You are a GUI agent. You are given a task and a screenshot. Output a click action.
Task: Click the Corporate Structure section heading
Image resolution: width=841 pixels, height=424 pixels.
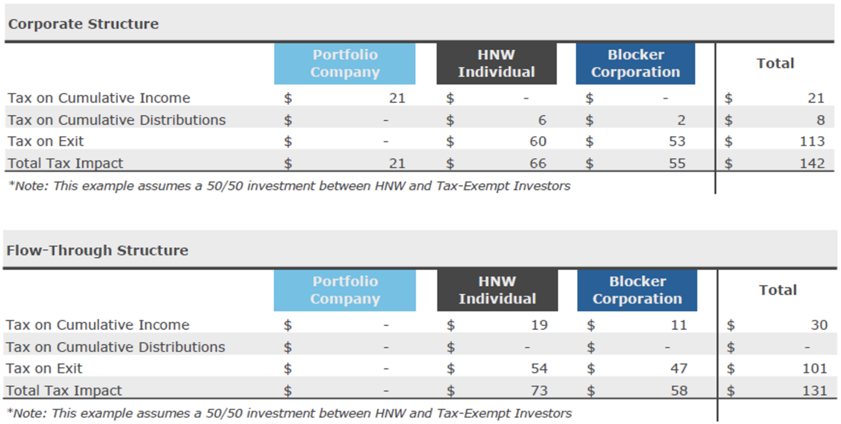tap(83, 24)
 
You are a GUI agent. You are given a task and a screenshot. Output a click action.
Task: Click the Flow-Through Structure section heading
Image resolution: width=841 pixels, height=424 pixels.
tap(97, 251)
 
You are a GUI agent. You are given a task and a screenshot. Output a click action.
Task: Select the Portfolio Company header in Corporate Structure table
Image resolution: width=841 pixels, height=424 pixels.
tap(344, 63)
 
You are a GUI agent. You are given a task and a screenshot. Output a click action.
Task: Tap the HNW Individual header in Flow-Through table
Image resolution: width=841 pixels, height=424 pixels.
tap(497, 290)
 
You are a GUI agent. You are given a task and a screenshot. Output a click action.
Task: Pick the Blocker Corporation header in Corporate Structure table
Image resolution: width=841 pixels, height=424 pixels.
tap(635, 63)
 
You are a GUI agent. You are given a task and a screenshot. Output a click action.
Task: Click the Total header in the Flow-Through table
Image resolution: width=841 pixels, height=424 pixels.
tap(777, 290)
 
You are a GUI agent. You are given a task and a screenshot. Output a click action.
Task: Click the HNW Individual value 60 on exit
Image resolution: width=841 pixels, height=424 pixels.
tap(538, 141)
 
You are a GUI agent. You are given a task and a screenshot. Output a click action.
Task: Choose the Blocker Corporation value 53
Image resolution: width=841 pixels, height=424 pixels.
tap(677, 141)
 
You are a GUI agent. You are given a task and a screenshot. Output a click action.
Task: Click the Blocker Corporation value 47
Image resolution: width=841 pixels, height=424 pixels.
tap(678, 368)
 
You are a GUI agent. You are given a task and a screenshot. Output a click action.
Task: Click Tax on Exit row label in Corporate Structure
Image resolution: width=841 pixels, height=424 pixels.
tap(46, 141)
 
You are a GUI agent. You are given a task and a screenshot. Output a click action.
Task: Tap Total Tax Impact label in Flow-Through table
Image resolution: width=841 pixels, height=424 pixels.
tap(64, 390)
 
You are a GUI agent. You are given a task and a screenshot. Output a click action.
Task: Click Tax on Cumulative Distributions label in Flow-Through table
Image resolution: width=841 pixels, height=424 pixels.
tap(116, 347)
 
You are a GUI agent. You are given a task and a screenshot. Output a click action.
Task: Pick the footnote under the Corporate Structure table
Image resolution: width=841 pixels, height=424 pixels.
tap(289, 186)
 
